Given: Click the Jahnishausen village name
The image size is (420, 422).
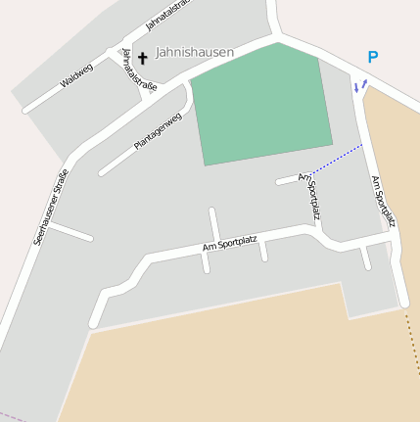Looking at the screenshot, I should [x=195, y=53].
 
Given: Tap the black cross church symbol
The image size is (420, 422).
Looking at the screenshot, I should [x=142, y=59].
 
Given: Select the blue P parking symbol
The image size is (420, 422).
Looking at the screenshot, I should [x=372, y=58].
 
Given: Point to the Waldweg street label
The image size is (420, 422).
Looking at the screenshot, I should [x=76, y=76].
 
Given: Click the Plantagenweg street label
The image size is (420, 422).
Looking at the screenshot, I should [x=159, y=132].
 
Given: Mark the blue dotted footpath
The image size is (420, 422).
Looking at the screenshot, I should [x=337, y=158].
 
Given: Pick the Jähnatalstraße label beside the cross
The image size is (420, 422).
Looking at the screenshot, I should [x=133, y=70].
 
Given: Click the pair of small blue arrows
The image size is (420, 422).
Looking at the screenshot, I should [x=359, y=86].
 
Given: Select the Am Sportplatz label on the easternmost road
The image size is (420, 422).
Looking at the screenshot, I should [x=383, y=202].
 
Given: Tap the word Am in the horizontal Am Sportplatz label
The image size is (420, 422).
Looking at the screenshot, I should [x=208, y=247].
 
